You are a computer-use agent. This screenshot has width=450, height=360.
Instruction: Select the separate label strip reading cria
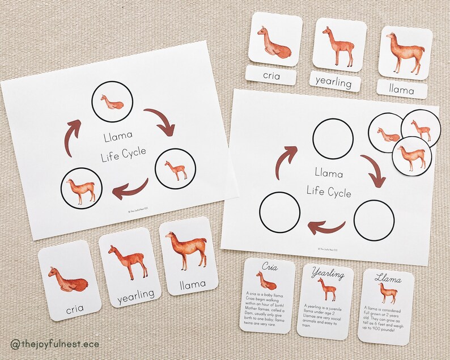pyautogui.click(x=271, y=75)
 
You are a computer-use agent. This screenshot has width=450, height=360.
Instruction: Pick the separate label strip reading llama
pyautogui.click(x=402, y=89)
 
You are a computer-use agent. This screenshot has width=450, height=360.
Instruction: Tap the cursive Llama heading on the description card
pyautogui.click(x=388, y=279)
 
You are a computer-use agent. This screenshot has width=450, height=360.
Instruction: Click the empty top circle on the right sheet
pyautogui.click(x=333, y=138)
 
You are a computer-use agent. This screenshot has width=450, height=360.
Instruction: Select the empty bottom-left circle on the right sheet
pyautogui.click(x=279, y=211)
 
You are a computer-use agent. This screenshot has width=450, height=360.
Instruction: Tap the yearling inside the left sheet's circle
pyautogui.click(x=175, y=168)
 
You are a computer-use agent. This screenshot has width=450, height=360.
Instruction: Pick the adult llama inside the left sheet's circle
pyautogui.click(x=79, y=188)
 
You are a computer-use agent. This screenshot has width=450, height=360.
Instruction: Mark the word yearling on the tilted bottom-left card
pyautogui.click(x=137, y=294)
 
